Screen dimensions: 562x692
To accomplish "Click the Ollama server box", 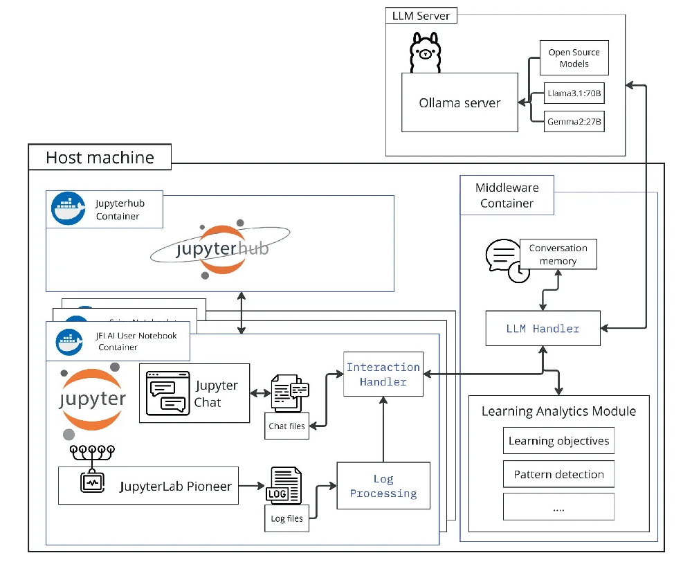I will pyautogui.click(x=459, y=102).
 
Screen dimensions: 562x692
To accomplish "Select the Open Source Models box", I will pyautogui.click(x=574, y=58).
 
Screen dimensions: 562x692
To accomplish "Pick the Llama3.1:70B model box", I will pyautogui.click(x=574, y=93).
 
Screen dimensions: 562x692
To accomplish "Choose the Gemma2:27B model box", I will pyautogui.click(x=574, y=123).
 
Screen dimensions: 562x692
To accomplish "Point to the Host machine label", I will pyautogui.click(x=100, y=157).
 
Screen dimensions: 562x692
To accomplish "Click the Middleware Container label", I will pyautogui.click(x=507, y=195).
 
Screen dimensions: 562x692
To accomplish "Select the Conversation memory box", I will pyautogui.click(x=558, y=254).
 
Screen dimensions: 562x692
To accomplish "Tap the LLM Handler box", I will pyautogui.click(x=543, y=329).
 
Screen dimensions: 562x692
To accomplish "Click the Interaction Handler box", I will pyautogui.click(x=383, y=374).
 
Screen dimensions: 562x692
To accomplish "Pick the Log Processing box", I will pyautogui.click(x=383, y=486).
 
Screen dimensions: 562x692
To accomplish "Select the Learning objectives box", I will pyautogui.click(x=558, y=441).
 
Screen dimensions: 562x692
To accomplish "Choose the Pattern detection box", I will pyautogui.click(x=558, y=474).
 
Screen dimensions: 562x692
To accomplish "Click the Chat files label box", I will pyautogui.click(x=286, y=426).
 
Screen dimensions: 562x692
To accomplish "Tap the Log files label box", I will pyautogui.click(x=286, y=518).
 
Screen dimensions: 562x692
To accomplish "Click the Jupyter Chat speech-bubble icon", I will pyautogui.click(x=167, y=392).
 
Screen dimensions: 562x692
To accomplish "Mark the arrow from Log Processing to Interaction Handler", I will pyautogui.click(x=383, y=429).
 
